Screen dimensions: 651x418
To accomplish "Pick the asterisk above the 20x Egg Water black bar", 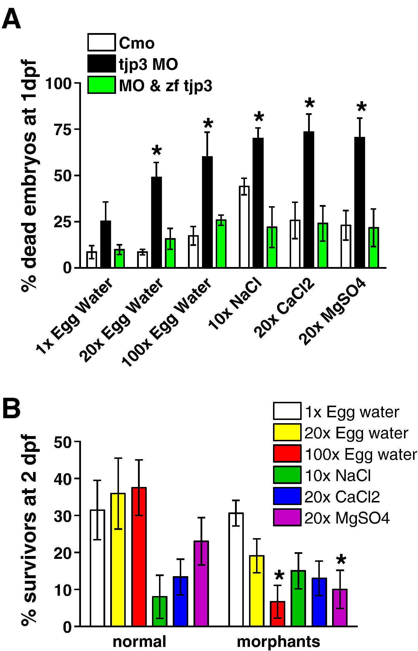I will point(157,151).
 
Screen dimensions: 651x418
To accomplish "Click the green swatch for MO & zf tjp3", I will point(101,85).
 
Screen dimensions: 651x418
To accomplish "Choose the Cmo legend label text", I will point(137,43).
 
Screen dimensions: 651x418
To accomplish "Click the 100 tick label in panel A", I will point(58,84).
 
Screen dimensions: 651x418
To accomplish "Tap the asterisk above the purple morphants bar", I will point(341,560).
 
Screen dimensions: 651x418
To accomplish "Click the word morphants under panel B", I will point(278,642).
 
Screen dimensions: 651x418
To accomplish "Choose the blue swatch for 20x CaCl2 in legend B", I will point(287,496).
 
